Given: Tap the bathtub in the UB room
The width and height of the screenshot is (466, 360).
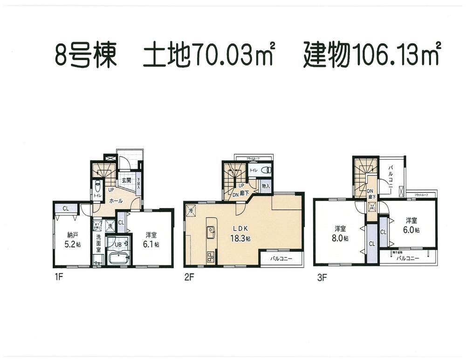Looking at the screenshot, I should [x=118, y=259].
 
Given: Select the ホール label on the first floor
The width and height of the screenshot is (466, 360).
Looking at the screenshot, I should [x=116, y=201].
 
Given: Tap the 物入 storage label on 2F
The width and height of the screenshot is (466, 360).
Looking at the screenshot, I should [x=266, y=186].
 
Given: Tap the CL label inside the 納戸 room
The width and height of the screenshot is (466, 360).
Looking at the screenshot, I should [x=66, y=208].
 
